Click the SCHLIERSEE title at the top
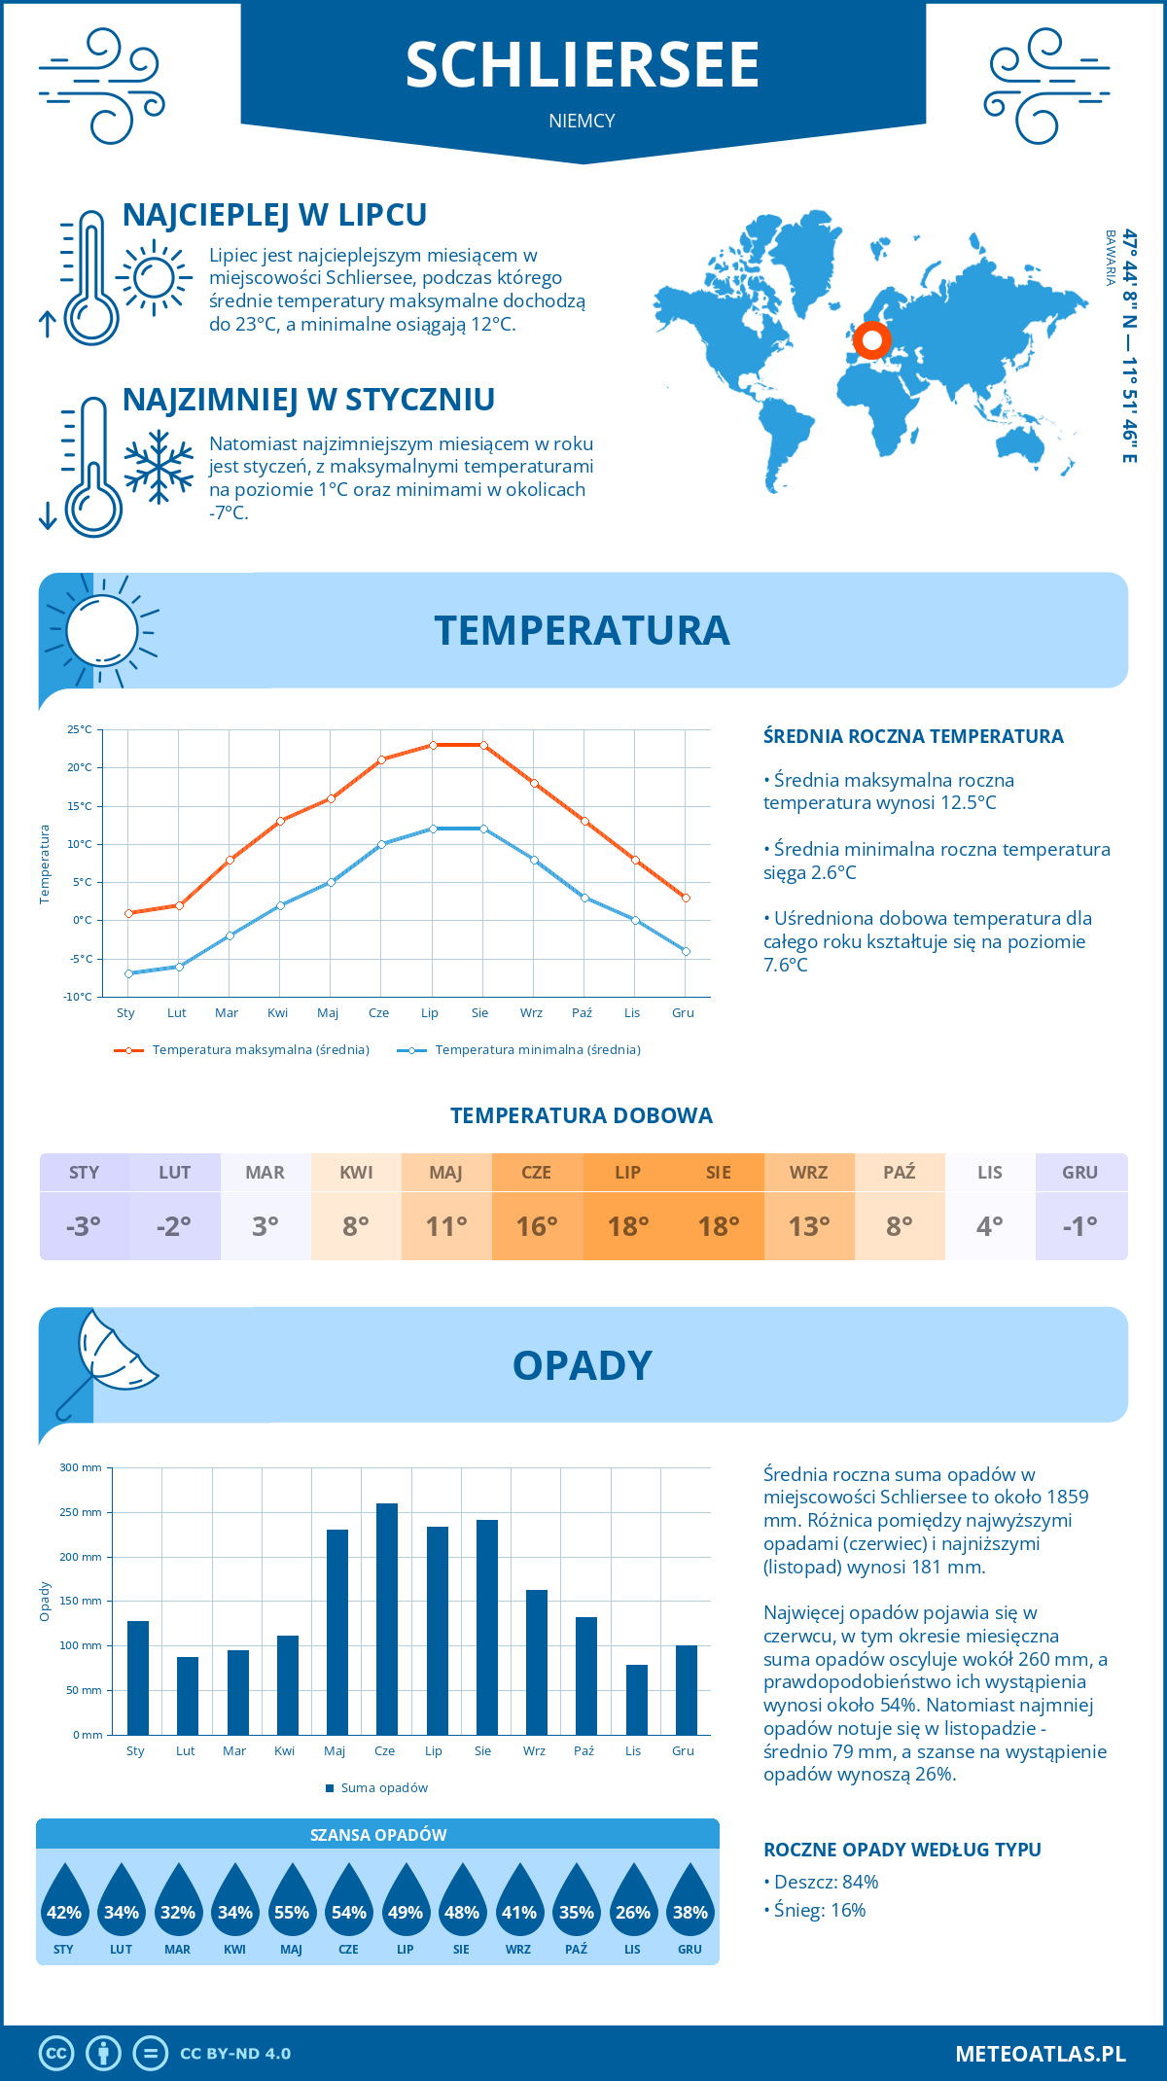point(582,65)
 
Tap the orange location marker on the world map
point(872,340)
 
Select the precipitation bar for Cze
point(386,1619)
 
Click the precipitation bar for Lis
point(636,1700)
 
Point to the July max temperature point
point(433,745)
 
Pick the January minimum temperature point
point(128,973)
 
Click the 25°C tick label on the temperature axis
point(80,729)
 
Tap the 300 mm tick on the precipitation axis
point(81,1467)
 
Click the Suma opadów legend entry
point(383,1788)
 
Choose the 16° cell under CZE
point(537,1226)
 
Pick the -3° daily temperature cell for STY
point(84,1226)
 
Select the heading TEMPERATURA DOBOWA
point(582,1115)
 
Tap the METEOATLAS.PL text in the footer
point(1041,2054)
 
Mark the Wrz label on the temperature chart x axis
point(531,1013)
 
